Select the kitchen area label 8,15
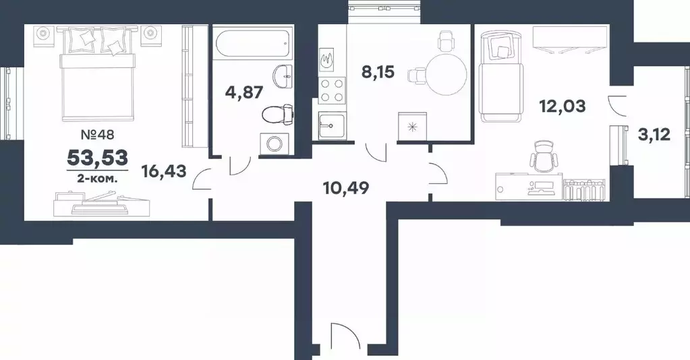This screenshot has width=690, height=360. coord(378,71)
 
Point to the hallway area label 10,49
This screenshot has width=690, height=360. coord(346,188)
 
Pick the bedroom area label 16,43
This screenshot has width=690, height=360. coord(164,171)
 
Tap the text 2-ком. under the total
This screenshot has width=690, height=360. coord(97,178)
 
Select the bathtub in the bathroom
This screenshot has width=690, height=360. coord(252,42)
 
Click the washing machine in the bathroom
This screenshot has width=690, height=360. coord(275,144)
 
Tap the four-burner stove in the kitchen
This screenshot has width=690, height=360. coord(333,90)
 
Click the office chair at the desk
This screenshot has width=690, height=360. coord(543,158)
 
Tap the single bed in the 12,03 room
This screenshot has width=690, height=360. coord(502,76)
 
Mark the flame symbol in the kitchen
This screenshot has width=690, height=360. coord(327,60)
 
